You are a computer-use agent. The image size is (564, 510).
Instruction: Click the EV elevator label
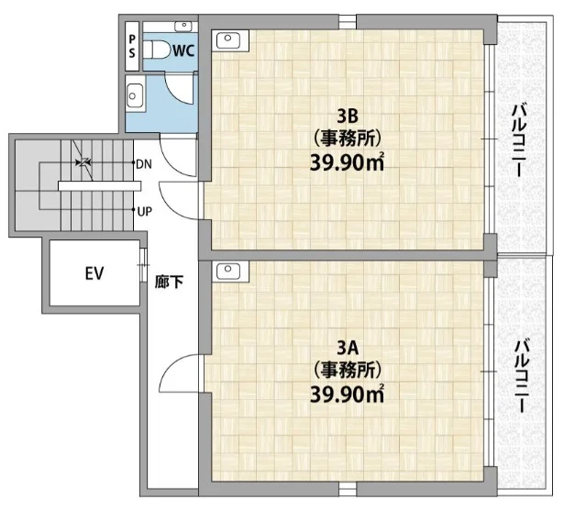click(x=94, y=273)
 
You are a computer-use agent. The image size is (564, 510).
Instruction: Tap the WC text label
click(x=183, y=50)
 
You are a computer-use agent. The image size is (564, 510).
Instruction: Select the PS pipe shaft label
click(x=132, y=47)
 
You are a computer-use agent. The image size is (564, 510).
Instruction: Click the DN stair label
click(x=144, y=164)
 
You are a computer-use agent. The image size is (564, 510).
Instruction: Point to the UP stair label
click(x=145, y=212)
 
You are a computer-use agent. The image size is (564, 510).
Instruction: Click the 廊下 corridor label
click(x=169, y=282)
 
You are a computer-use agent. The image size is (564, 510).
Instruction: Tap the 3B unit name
click(x=347, y=116)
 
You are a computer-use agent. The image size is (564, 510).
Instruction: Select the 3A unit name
click(x=347, y=348)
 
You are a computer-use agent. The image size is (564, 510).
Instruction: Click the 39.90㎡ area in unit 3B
click(x=347, y=163)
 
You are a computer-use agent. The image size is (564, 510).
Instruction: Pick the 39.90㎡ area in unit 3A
click(x=347, y=395)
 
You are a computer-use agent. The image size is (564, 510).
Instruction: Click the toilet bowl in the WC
click(x=157, y=50)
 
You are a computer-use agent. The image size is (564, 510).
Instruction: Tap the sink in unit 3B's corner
click(x=228, y=39)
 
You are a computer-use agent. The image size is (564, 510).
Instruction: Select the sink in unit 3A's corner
click(x=228, y=271)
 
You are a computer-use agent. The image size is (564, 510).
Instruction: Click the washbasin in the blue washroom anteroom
click(x=135, y=95)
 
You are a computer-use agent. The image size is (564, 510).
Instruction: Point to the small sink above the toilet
click(x=183, y=26)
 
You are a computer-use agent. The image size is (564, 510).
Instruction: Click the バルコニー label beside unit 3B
click(x=520, y=140)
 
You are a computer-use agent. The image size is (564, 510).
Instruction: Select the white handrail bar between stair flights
click(x=99, y=185)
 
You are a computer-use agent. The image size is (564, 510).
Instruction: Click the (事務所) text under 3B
click(x=347, y=139)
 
